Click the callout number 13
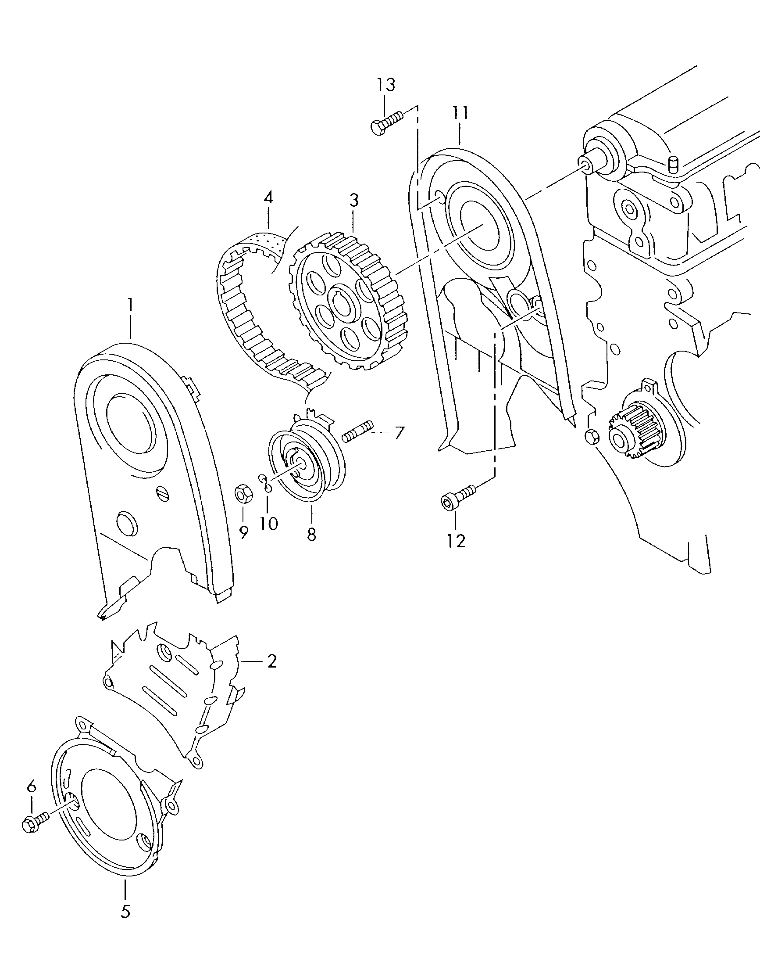[386, 85]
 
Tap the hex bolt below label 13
[385, 122]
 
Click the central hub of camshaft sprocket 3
[341, 303]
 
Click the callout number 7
[399, 432]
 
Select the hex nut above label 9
[244, 494]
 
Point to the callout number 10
[268, 523]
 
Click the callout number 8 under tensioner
[311, 534]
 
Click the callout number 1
[130, 305]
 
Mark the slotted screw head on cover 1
[163, 492]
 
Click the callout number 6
[31, 787]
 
